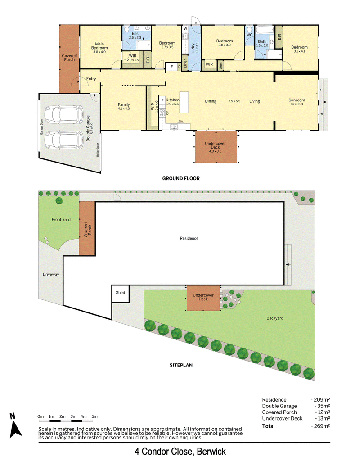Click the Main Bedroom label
[99, 46]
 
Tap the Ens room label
[135, 34]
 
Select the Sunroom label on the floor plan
[297, 100]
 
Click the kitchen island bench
[184, 102]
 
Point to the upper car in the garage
[63, 115]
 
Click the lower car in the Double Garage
[63, 140]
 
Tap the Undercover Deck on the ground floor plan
[216, 147]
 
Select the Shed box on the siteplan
[120, 294]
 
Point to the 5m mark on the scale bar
[94, 416]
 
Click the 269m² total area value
[322, 426]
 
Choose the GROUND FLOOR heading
[181, 178]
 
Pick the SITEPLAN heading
[181, 365]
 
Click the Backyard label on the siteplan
[275, 318]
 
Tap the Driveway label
[51, 274]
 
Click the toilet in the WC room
[249, 29]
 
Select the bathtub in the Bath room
[266, 30]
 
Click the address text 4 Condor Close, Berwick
[180, 452]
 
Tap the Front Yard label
[61, 219]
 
